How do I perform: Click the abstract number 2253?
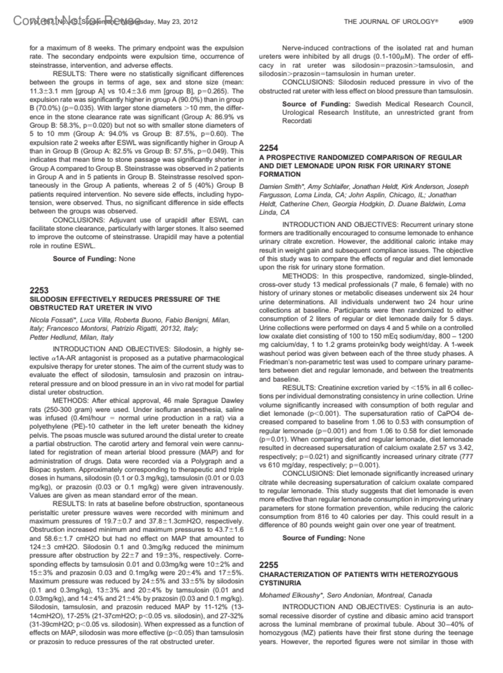click(39, 290)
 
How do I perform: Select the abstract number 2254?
click(269, 148)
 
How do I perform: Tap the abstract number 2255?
click(269, 565)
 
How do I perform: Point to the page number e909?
click(466, 21)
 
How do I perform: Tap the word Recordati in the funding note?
click(297, 121)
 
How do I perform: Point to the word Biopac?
click(41, 470)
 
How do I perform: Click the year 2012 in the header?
click(189, 22)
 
